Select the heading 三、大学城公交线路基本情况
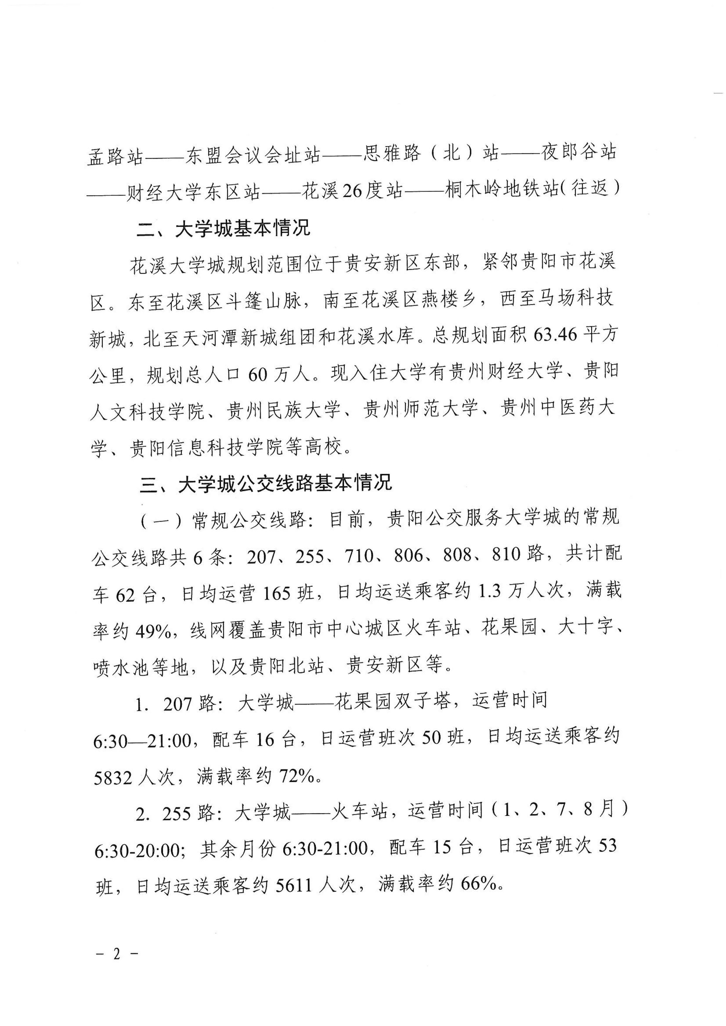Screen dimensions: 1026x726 point(266,483)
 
